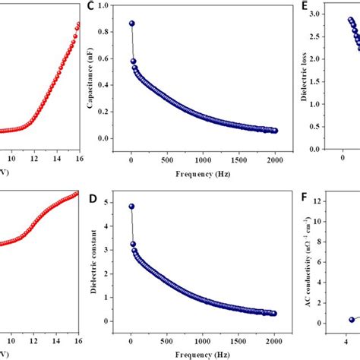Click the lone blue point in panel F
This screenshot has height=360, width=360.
pos(352,320)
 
